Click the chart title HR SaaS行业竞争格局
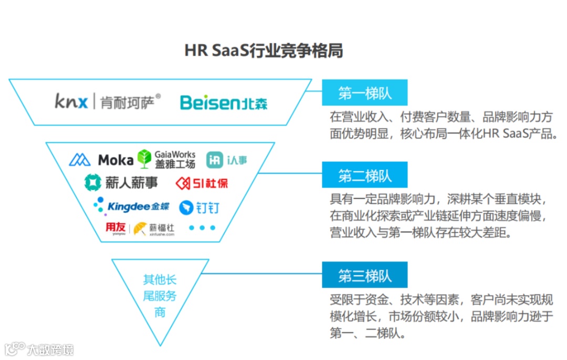coord(264,51)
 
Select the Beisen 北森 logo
coord(223,102)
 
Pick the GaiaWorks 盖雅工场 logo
coord(166,159)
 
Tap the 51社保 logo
coord(202,183)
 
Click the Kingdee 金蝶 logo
coord(132,206)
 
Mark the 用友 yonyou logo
coord(115,228)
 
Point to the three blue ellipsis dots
coord(202,228)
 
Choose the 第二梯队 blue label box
coord(364,175)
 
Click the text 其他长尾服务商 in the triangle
coord(160,296)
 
